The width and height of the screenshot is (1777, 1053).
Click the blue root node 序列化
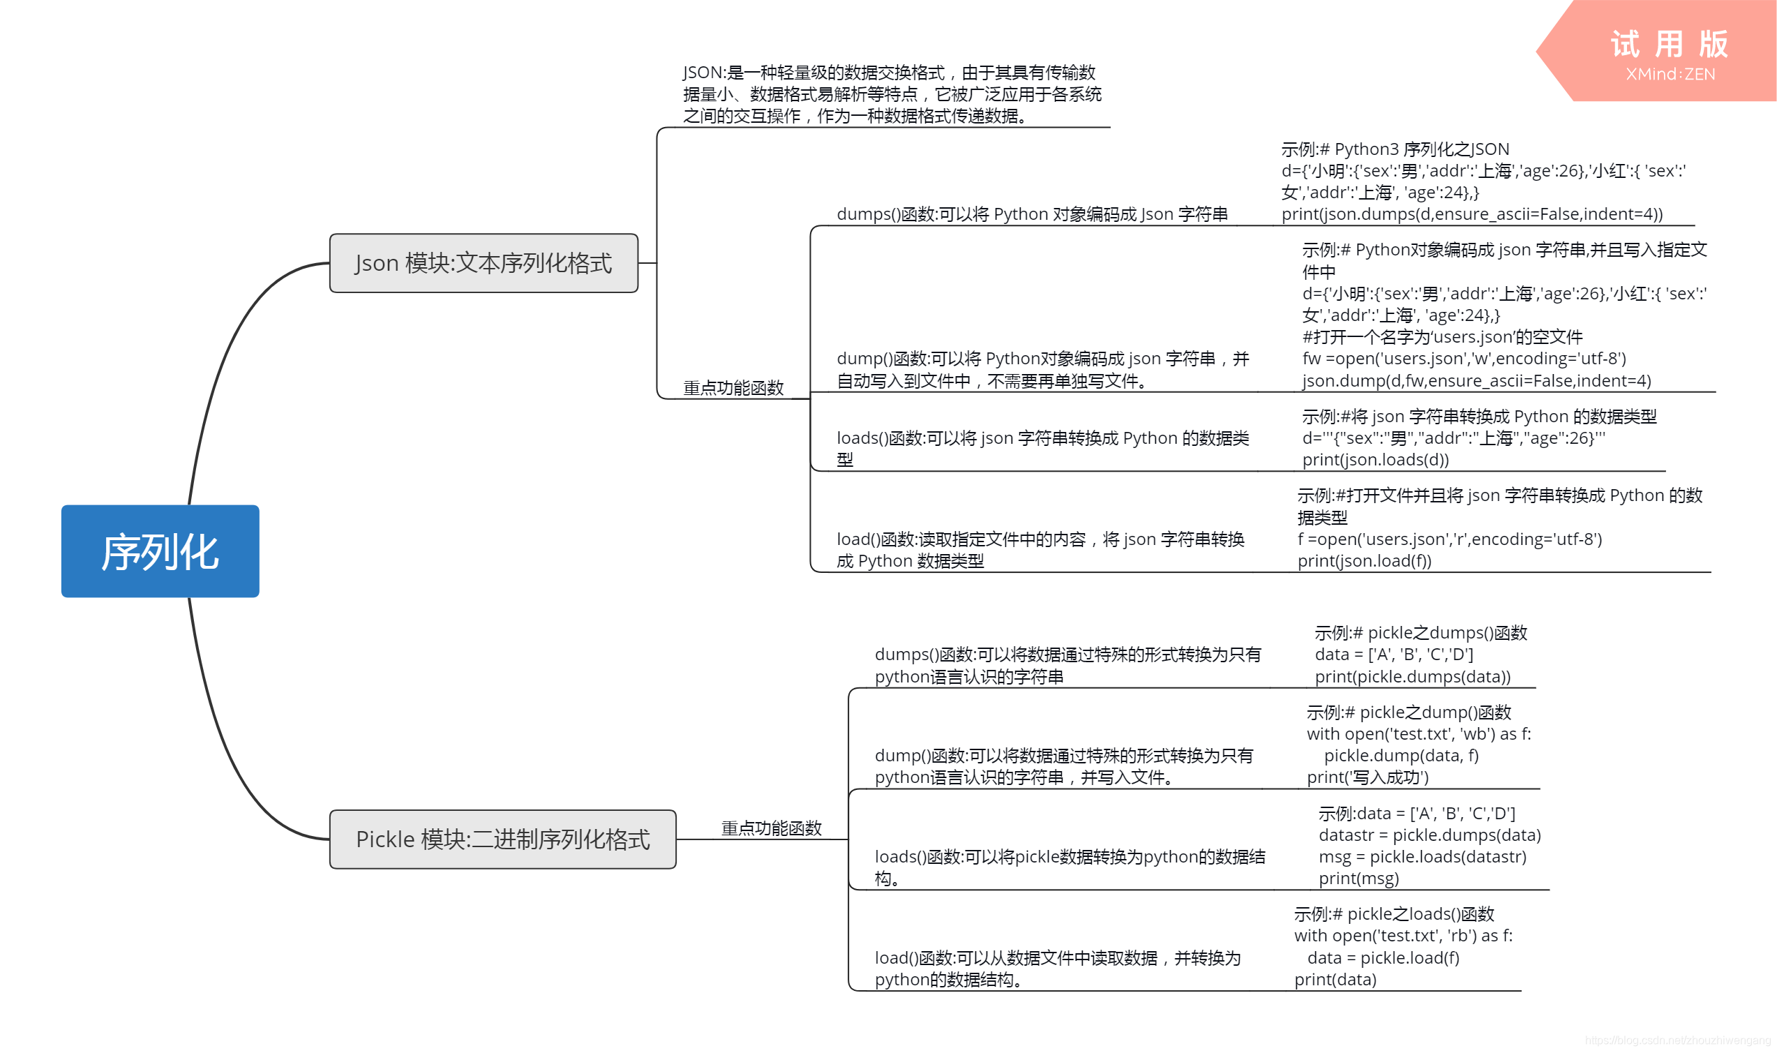click(x=160, y=551)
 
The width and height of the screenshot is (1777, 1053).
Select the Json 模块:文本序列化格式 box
click(x=483, y=263)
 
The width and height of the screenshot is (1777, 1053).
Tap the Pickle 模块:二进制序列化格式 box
click(x=502, y=839)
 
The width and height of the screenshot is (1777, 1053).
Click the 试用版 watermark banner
click(x=1668, y=45)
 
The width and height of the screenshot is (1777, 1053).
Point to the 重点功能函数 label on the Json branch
click(x=733, y=388)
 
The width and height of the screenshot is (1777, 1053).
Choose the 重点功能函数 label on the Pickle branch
click(x=771, y=828)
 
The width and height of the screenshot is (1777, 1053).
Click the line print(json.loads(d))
click(x=1374, y=460)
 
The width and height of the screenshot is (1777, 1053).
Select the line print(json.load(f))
click(x=1364, y=561)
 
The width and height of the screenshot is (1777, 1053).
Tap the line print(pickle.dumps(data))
click(x=1412, y=677)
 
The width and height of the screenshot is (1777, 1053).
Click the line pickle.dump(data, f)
click(x=1401, y=756)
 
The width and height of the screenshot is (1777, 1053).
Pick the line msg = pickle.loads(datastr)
click(x=1423, y=857)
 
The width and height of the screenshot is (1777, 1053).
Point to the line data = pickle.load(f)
click(x=1384, y=958)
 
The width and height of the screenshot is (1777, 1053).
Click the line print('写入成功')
click(x=1367, y=777)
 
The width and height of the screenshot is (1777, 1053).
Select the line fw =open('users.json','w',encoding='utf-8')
click(x=1464, y=359)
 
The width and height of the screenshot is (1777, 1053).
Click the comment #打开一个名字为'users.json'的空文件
click(x=1442, y=337)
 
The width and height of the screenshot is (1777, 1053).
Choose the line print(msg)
click(x=1358, y=879)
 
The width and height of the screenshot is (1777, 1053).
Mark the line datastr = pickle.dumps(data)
click(x=1430, y=835)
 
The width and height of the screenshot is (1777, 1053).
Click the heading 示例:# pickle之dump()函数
click(x=1409, y=712)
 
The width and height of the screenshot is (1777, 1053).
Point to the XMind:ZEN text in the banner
click(x=1670, y=75)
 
